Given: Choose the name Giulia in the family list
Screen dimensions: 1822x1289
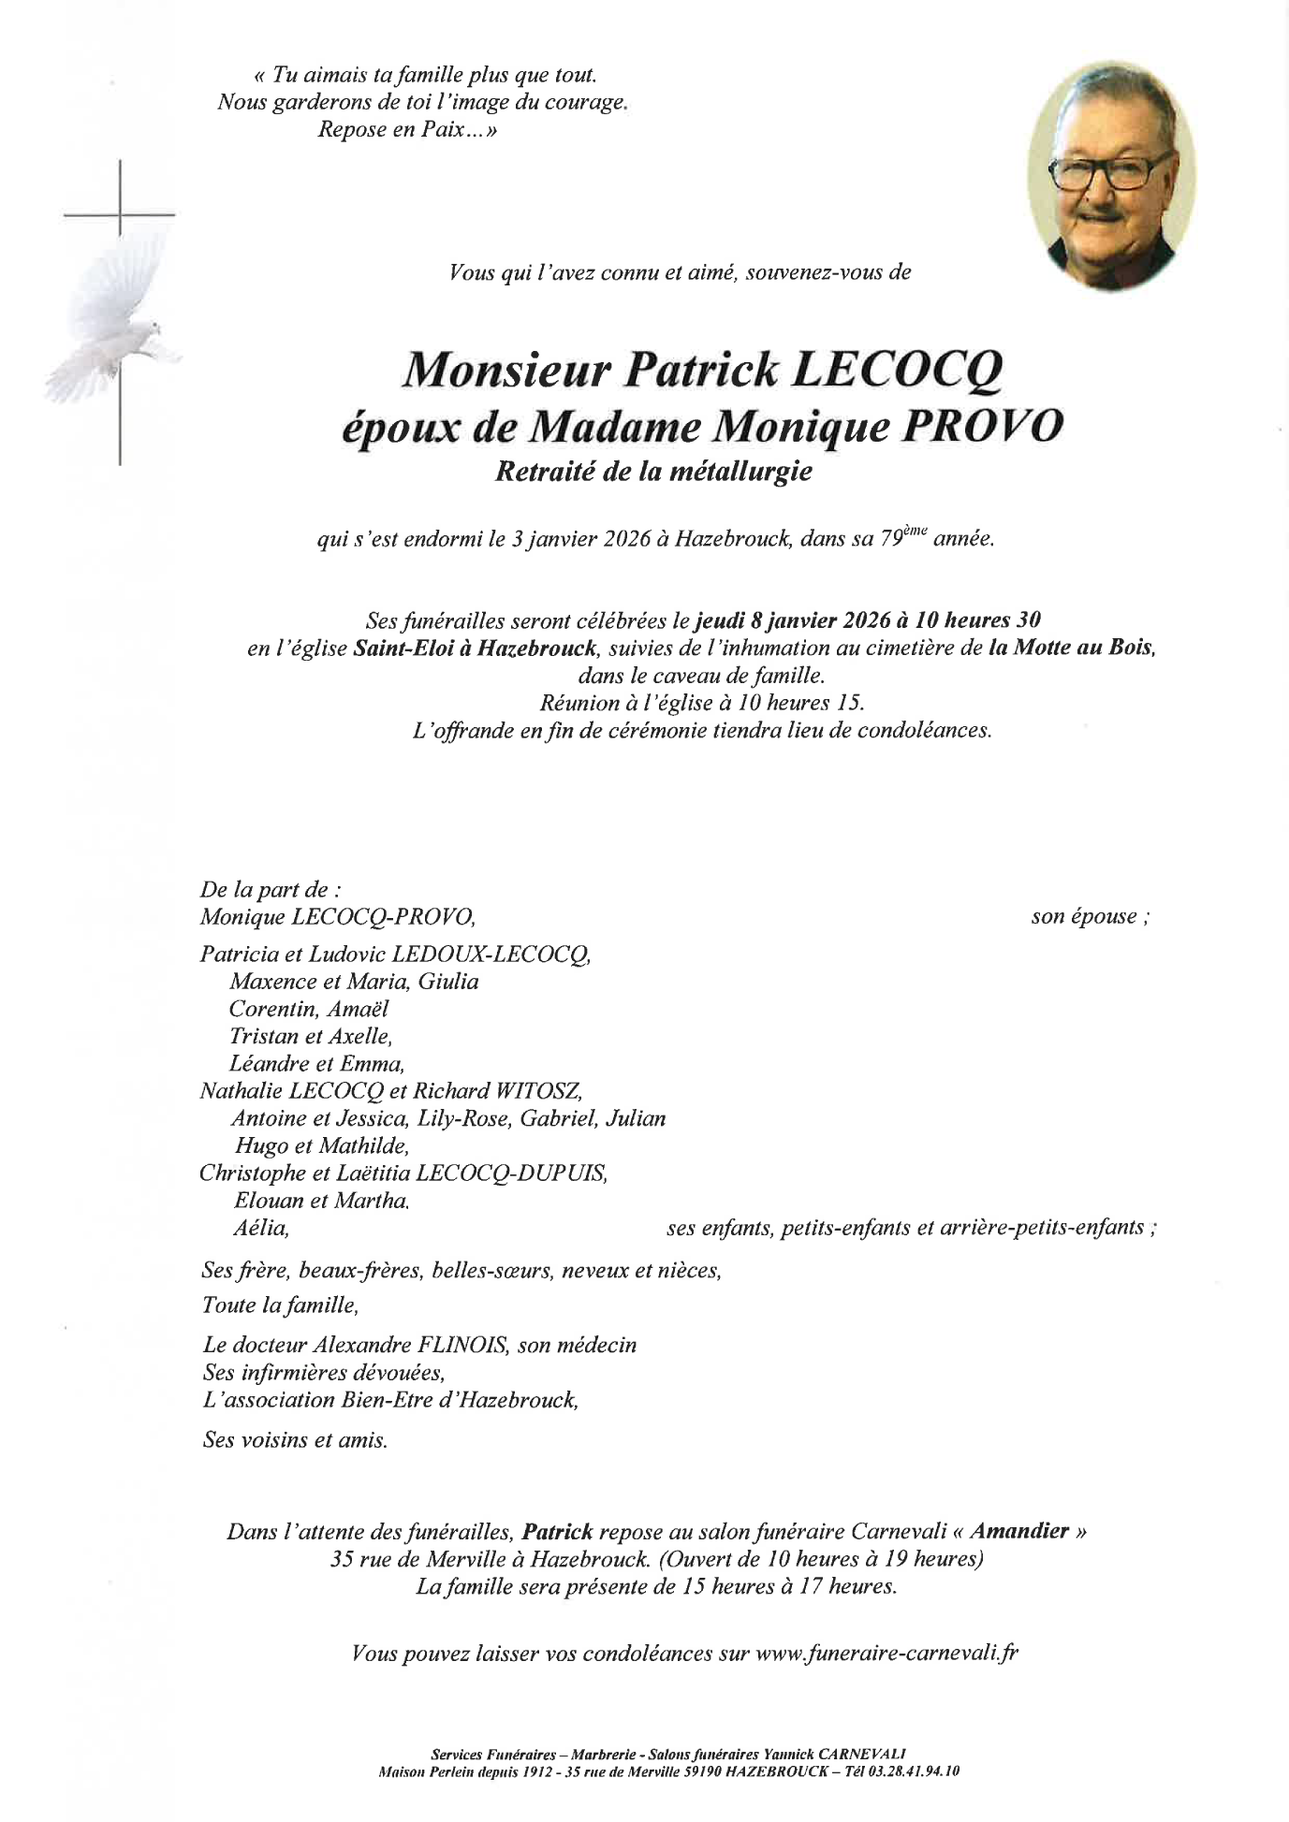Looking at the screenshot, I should click(448, 982).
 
